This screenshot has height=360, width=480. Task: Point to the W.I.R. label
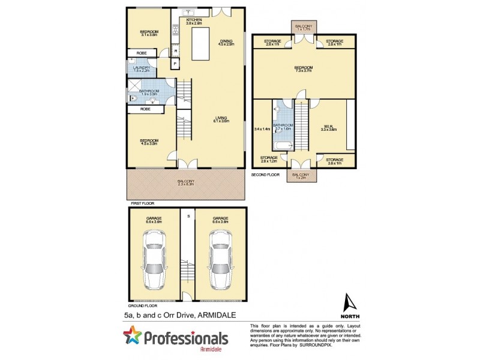click(x=326, y=127)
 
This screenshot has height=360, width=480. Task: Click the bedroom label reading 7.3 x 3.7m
click(x=304, y=70)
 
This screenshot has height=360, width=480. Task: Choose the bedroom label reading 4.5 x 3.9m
click(x=148, y=142)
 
